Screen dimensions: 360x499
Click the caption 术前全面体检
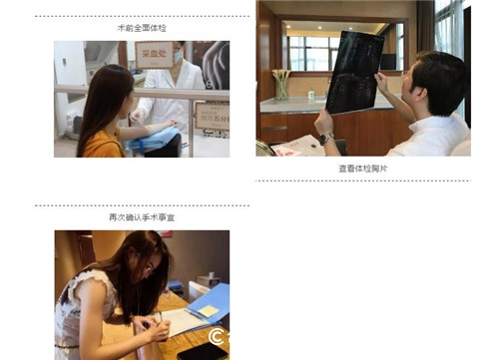142,29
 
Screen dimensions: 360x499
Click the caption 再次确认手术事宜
142,217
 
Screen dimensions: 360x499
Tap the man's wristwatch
325,138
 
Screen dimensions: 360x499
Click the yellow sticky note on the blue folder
208,311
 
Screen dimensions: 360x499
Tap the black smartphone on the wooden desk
202,351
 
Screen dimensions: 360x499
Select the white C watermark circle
216,339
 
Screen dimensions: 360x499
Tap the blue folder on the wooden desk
212,304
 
